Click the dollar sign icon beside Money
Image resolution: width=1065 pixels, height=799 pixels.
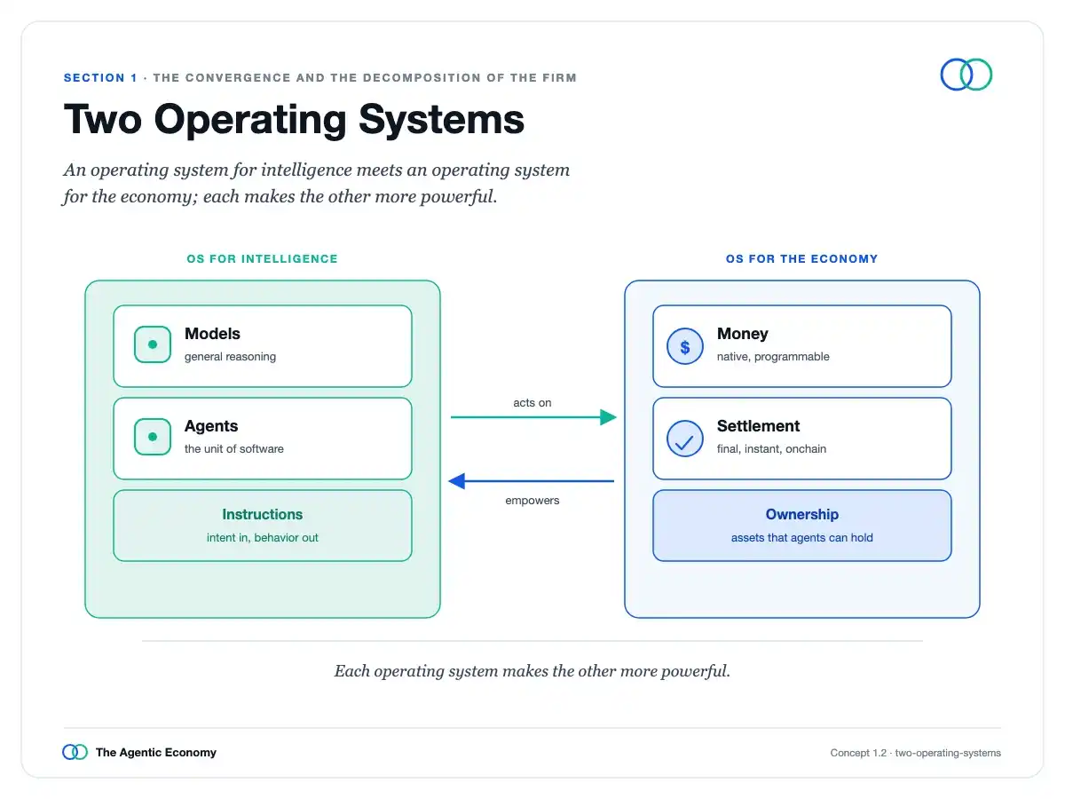coord(684,346)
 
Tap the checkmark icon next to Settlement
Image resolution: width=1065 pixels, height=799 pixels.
coord(684,439)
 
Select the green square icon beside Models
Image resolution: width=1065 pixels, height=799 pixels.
coord(153,344)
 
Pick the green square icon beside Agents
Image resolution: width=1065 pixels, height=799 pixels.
coord(153,437)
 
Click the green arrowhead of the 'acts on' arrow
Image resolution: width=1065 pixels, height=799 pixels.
coord(609,417)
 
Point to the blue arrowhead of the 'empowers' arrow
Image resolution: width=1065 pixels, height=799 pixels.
coord(456,481)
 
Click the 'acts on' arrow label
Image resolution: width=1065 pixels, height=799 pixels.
coord(532,403)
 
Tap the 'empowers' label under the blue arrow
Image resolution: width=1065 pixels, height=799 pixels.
coord(532,501)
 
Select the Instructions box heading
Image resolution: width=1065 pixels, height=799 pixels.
coord(263,514)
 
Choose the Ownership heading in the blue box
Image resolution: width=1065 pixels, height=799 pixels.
coord(802,514)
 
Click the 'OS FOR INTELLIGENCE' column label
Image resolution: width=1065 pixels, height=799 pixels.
coord(263,259)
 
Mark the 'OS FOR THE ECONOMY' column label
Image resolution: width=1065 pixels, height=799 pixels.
coord(802,259)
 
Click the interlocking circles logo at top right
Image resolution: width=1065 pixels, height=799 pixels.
coord(966,75)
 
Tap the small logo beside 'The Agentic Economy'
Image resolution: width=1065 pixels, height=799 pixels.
coord(75,752)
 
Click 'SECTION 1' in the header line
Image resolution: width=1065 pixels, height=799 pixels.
coord(100,77)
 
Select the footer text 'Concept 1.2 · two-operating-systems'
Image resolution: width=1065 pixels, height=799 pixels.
coord(916,753)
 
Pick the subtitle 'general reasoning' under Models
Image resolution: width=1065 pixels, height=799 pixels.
coord(230,357)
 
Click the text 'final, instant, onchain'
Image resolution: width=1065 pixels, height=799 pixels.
coord(771,448)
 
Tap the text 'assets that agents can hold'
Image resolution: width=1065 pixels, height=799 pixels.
coord(802,537)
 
